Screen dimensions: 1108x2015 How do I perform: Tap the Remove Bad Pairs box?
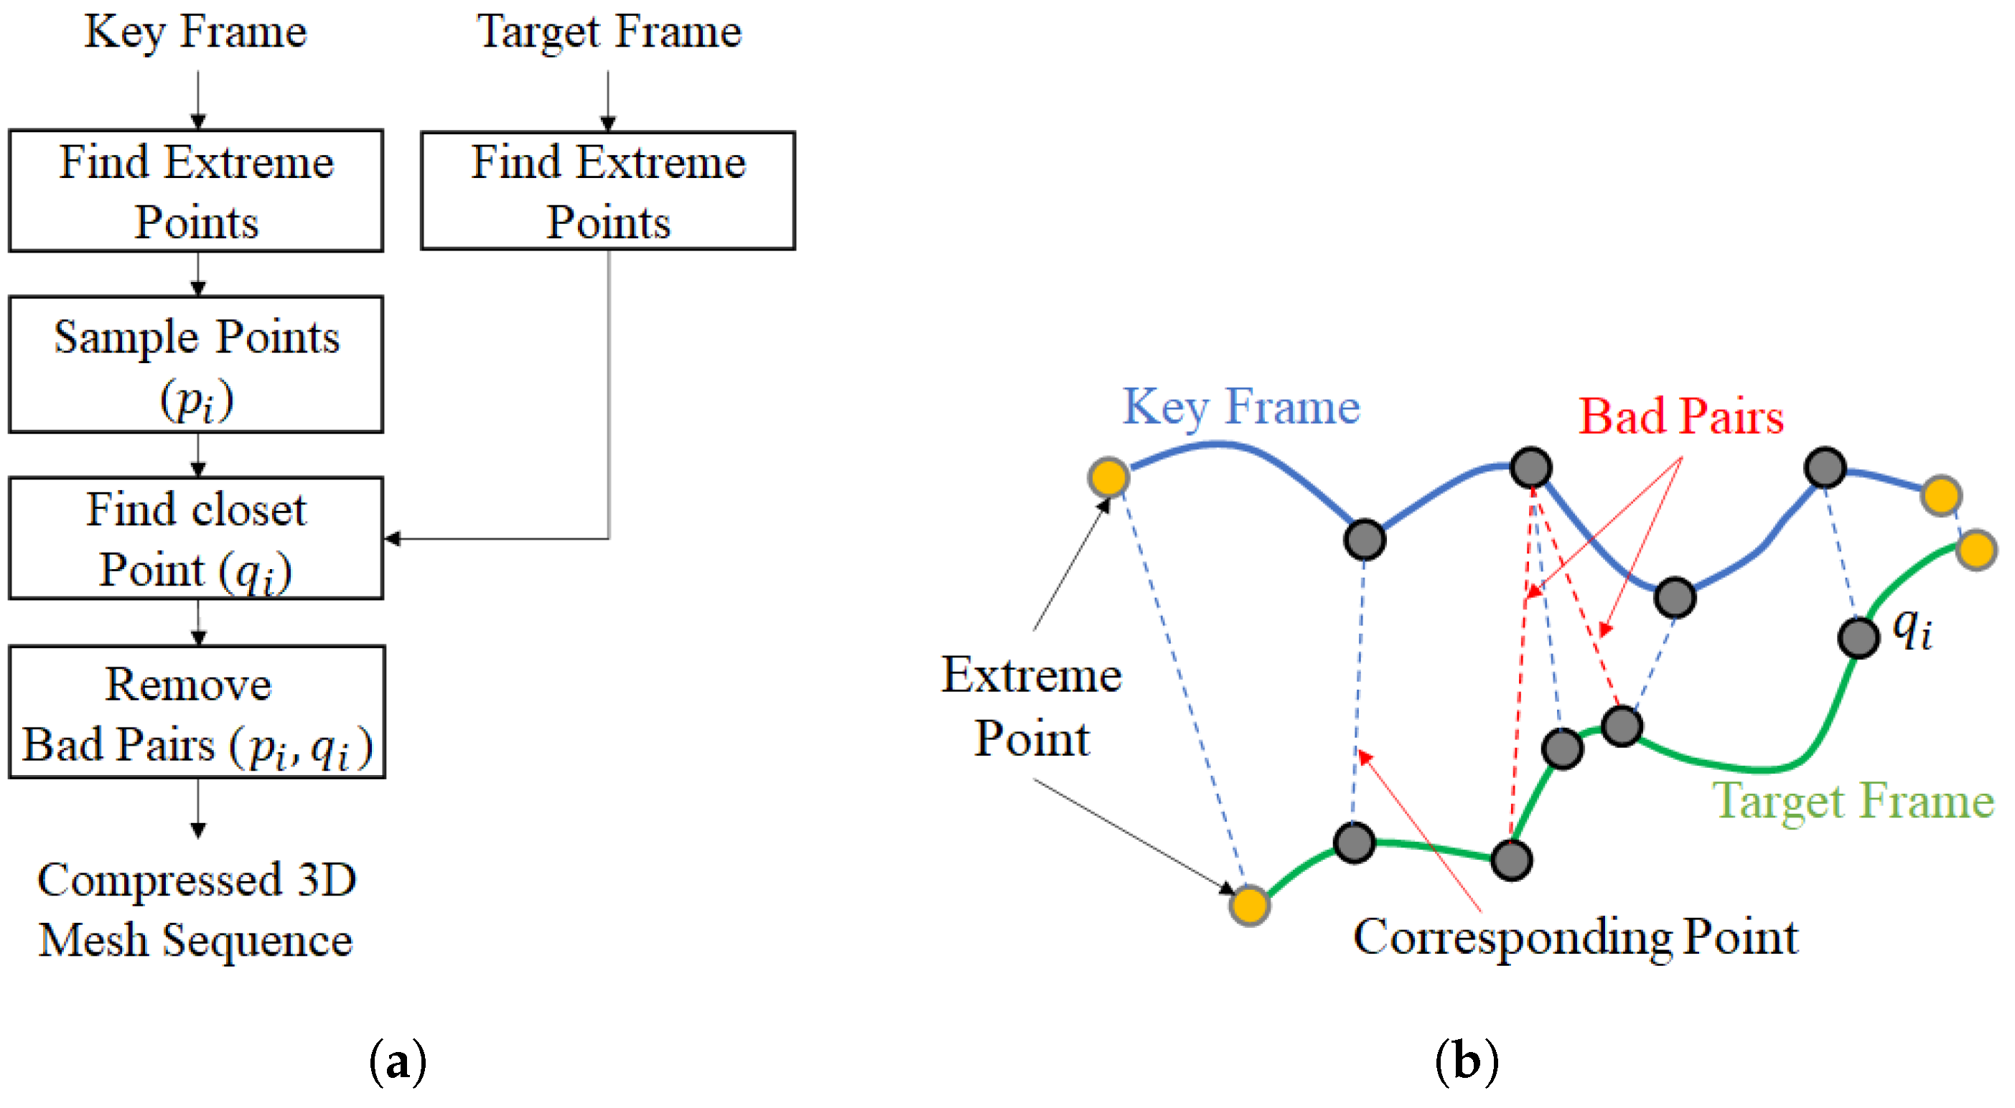pos(197,712)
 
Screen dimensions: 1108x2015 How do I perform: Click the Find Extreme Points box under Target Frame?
pos(608,191)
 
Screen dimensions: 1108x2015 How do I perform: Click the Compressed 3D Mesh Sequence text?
pos(197,909)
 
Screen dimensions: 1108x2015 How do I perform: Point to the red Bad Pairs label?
pos(1680,416)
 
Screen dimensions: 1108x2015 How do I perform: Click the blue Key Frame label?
pos(1241,407)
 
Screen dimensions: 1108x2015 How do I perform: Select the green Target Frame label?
pos(1853,801)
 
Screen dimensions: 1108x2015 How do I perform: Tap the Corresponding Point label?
pos(1575,936)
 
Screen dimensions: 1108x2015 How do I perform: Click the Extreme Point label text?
pos(1031,706)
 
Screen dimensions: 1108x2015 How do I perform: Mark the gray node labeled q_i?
pos(1858,637)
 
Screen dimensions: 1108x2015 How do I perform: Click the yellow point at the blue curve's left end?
pos(1108,477)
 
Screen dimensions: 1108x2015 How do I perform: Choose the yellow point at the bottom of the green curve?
pos(1249,906)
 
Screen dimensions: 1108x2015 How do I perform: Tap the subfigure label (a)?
pos(398,1062)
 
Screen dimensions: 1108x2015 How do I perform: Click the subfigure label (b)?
pos(1467,1062)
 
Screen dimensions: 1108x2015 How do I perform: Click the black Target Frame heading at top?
pos(609,33)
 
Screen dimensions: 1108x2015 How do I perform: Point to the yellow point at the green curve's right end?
pos(1977,550)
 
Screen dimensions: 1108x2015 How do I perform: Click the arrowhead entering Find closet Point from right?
pos(392,538)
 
